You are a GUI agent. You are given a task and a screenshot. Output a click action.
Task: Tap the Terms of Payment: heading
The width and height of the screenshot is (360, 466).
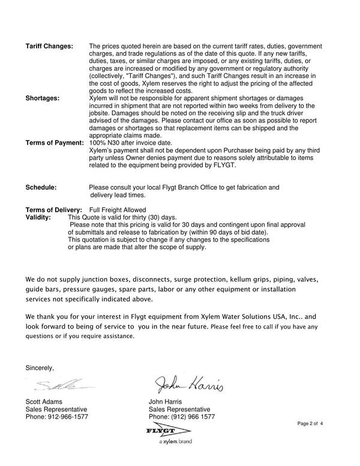54,143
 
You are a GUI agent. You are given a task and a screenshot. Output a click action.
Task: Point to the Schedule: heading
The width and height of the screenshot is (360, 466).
41,188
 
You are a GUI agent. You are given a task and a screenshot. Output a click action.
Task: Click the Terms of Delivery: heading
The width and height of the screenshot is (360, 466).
53,210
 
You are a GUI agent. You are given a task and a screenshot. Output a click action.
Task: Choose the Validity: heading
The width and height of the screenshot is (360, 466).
38,217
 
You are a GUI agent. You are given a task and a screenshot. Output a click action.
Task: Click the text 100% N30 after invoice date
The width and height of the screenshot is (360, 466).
125,143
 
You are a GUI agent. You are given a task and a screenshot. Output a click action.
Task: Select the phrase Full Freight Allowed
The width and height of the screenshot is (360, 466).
117,210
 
